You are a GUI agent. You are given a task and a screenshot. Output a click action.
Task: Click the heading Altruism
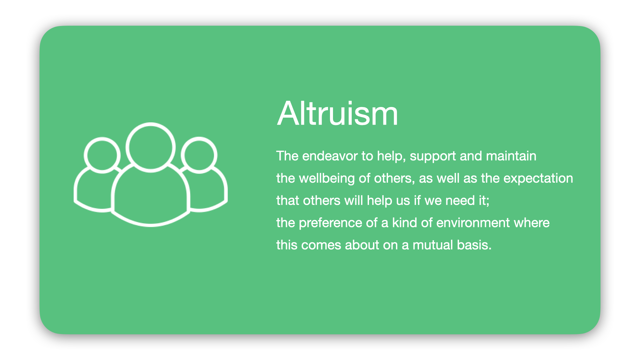click(337, 114)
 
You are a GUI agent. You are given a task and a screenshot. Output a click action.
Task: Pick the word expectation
click(538, 179)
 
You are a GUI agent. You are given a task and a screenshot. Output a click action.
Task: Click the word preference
click(330, 223)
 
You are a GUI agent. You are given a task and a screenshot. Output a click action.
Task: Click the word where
click(532, 223)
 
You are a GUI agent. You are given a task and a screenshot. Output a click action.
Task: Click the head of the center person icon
click(151, 147)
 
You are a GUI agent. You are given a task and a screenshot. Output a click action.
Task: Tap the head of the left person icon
click(102, 155)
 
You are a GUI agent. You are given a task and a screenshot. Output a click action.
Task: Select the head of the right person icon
click(199, 155)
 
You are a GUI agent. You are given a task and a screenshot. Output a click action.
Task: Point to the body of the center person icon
click(151, 197)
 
